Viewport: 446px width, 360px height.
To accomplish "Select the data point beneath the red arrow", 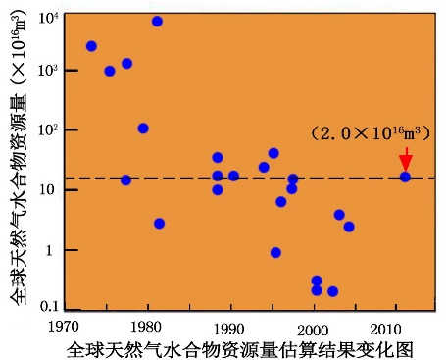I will coord(405,177).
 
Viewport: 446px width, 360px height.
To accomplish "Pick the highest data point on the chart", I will coord(157,21).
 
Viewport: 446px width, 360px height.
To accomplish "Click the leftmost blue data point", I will coord(91,46).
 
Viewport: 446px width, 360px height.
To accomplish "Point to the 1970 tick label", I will coord(65,325).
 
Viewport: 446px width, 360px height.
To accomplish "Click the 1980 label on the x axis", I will coord(147,325).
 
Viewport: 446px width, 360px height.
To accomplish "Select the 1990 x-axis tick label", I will coord(230,325).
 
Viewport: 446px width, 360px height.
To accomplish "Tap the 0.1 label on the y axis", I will coord(46,308).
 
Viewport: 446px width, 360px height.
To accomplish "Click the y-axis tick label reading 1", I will coord(53,250).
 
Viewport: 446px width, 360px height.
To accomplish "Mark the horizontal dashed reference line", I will coord(245,178).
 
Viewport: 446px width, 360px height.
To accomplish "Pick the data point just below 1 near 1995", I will coord(275,252).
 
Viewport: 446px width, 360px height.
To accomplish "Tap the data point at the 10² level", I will coord(143,129).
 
